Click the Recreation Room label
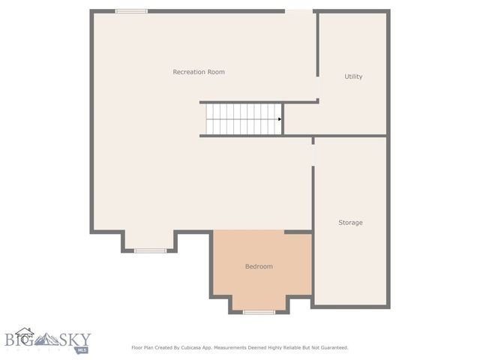point(199,72)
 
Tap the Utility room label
point(353,76)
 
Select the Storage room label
point(350,223)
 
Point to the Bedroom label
point(259,266)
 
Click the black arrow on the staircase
point(280,119)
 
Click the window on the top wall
point(131,11)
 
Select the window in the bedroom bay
point(259,311)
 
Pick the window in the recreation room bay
point(150,250)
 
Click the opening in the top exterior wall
point(298,11)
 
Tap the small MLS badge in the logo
point(81,350)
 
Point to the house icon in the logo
point(25,334)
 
